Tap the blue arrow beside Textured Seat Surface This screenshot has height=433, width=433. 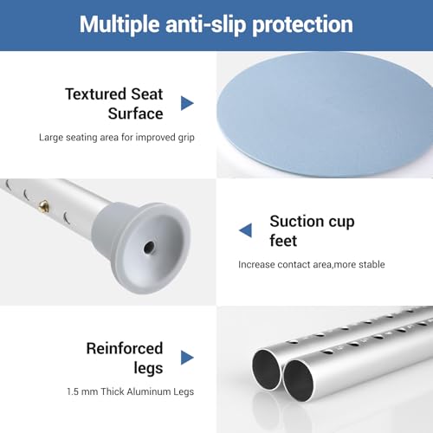[x=187, y=103]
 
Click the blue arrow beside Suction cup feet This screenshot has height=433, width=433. [x=245, y=229]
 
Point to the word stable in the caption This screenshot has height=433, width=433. [x=369, y=264]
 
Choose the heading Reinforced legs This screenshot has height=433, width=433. [x=124, y=357]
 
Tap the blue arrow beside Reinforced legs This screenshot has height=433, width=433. [x=187, y=357]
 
